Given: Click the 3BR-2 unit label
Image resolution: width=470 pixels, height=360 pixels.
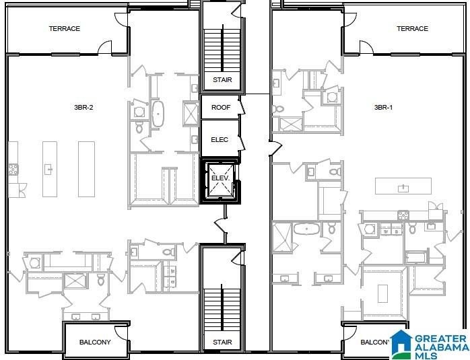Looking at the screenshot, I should (84, 108).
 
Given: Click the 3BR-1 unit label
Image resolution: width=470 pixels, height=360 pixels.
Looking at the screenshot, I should (384, 108).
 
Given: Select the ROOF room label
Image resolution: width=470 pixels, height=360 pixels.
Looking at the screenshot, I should (221, 108).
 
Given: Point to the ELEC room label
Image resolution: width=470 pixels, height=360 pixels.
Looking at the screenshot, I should (220, 140).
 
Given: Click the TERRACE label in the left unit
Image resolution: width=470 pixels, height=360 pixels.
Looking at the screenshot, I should (65, 29).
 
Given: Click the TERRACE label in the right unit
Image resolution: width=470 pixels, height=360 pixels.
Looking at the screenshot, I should (412, 29).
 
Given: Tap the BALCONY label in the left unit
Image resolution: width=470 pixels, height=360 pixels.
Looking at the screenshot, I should (95, 343).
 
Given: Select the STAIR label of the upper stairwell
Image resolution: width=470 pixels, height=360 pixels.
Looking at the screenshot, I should (222, 80).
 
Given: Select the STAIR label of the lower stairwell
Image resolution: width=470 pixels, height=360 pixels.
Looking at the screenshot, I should (222, 343).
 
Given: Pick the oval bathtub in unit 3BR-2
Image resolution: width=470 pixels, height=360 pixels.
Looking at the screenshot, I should (159, 114).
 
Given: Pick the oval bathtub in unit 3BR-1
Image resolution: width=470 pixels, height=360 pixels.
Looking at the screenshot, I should (307, 229).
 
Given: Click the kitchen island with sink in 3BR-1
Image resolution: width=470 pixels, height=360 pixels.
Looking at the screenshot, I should (403, 186).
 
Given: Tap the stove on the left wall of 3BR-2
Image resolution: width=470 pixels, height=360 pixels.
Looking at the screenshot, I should (13, 169).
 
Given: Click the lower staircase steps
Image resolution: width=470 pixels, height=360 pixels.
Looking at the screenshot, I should (222, 308).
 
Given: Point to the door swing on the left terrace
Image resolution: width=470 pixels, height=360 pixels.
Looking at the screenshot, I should (105, 47).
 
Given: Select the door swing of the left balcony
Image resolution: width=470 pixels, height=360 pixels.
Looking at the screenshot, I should (121, 332).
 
